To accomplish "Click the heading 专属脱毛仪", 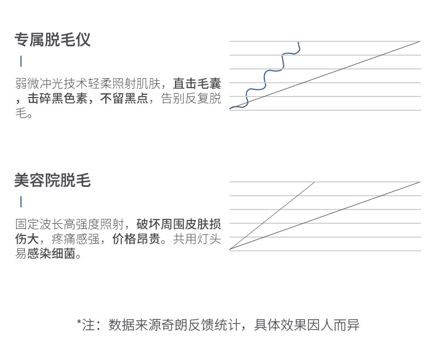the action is tap(52, 40).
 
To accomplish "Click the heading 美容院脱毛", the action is tap(52, 180).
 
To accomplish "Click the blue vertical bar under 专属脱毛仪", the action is tap(21, 61).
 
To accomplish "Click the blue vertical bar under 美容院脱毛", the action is tap(21, 202).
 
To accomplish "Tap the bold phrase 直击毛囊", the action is tap(197, 84).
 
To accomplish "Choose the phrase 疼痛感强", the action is tap(87, 240).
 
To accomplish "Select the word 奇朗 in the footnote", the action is tap(177, 325).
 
